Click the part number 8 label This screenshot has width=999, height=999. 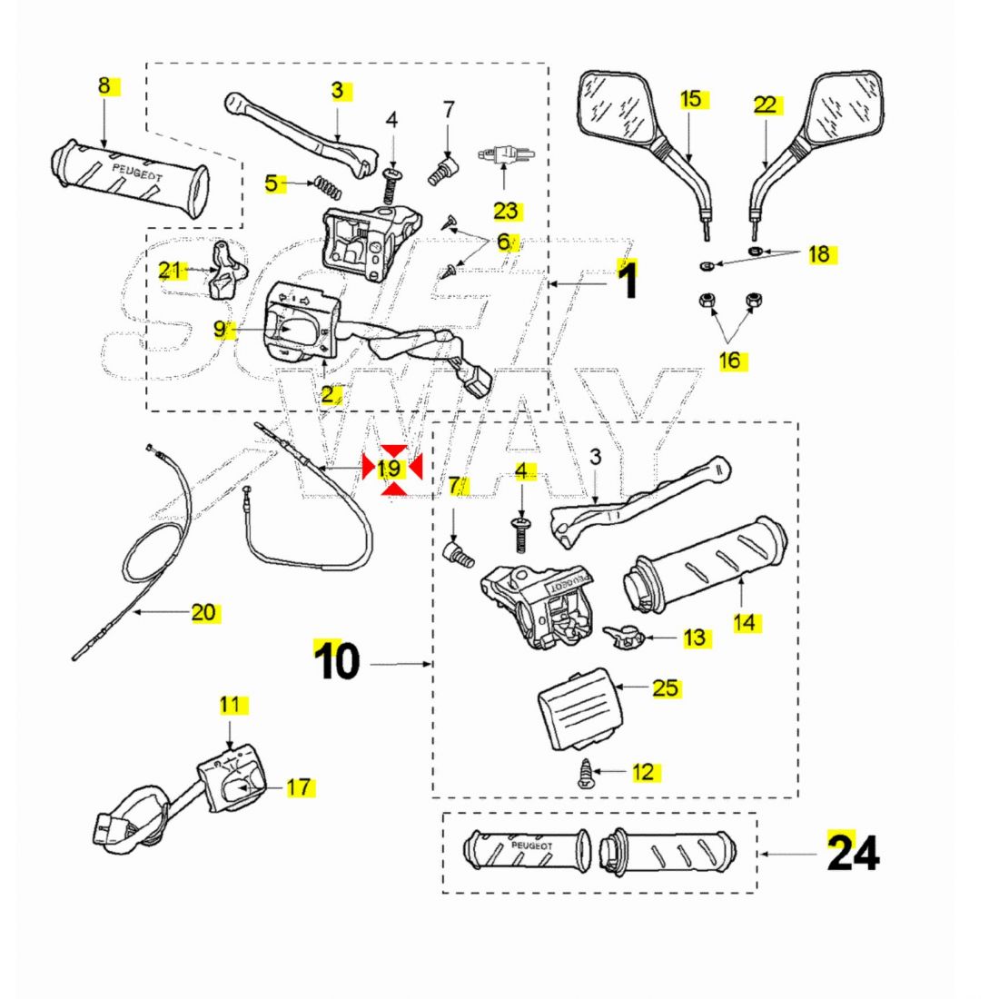104,86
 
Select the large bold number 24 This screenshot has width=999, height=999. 853,853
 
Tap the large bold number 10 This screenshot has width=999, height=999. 337,662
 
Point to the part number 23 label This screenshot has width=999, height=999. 506,211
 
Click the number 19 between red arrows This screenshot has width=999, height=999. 390,469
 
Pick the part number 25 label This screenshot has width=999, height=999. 666,687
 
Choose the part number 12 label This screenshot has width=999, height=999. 643,772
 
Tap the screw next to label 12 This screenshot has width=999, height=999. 585,773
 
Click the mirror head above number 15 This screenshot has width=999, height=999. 617,109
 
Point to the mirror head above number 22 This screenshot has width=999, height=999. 844,109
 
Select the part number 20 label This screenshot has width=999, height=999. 203,612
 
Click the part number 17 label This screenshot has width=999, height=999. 299,787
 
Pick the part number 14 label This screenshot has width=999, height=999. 745,623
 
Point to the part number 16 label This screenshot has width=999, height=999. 730,361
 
